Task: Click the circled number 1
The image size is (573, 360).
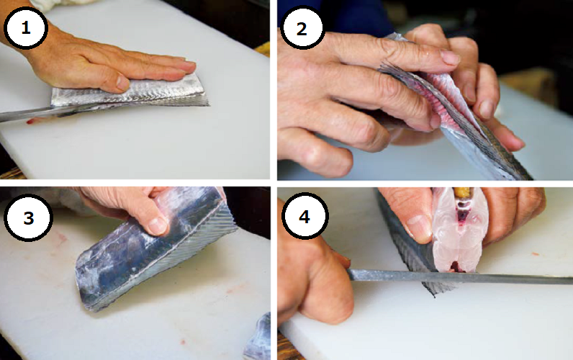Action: (26, 28)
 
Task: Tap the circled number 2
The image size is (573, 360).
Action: (302, 29)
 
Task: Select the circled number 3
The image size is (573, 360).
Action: (28, 218)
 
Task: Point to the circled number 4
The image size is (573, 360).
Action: (304, 217)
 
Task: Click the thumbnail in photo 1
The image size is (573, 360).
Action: (122, 83)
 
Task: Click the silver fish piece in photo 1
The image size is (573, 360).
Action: (130, 93)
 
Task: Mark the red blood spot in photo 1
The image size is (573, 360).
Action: (30, 122)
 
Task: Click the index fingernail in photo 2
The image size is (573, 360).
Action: (449, 58)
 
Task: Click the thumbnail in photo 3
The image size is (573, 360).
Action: (158, 225)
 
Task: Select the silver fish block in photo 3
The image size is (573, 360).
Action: (155, 249)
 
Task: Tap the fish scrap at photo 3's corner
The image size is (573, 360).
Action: (258, 337)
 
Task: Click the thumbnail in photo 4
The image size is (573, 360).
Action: (419, 228)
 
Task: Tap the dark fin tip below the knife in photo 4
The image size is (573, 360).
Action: (438, 289)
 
